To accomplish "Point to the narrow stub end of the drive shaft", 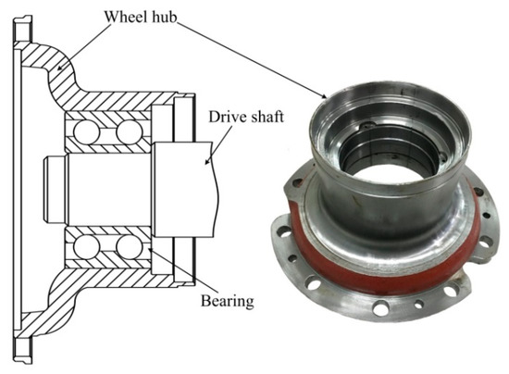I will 55,191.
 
